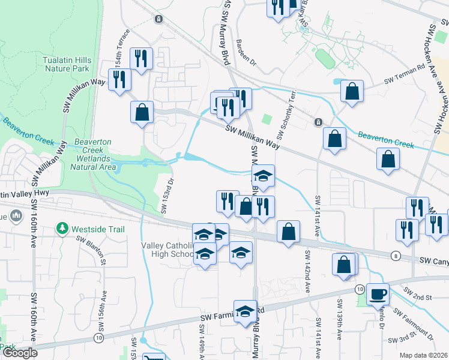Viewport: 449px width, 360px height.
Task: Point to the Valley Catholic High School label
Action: (x=166, y=250)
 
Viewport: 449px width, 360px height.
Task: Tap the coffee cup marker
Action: (x=378, y=294)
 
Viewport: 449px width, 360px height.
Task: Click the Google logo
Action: (x=20, y=353)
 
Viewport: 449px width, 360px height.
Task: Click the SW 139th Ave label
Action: (x=340, y=315)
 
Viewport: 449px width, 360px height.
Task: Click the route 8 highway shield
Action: (x=395, y=256)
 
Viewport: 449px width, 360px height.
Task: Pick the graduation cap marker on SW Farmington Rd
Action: (x=245, y=312)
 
